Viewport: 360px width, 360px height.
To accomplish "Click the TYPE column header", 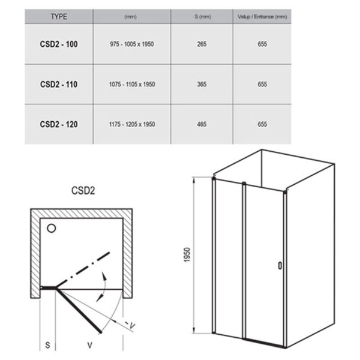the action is point(59,17).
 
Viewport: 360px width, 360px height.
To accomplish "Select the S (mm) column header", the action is point(203,17).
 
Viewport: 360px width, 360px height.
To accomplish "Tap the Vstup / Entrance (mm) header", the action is point(262,17).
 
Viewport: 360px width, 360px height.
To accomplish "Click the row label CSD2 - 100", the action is point(59,44).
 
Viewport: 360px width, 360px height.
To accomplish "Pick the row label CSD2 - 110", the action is point(59,84).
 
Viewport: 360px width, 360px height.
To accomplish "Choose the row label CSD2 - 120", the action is point(59,124).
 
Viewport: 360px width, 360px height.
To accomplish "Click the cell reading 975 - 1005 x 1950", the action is point(132,44).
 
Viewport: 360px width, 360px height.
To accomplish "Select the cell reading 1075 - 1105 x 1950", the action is point(132,84).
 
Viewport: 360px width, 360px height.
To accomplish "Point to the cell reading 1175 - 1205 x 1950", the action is point(132,124).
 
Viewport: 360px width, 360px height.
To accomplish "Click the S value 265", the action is point(202,44).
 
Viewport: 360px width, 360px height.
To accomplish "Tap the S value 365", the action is point(202,84).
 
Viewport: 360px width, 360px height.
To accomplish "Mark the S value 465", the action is point(202,124).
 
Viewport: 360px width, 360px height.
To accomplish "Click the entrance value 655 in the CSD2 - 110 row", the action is point(262,84).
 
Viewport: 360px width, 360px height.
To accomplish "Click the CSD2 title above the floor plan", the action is point(83,191).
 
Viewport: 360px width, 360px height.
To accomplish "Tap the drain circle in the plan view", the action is point(52,229).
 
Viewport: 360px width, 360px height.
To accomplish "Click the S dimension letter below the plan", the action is point(47,345).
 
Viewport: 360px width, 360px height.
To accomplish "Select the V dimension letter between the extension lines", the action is point(90,345).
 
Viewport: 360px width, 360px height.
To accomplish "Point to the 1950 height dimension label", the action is point(187,254).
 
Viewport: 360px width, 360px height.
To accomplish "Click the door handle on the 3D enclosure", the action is point(280,265).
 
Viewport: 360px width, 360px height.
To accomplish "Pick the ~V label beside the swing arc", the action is point(130,325).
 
